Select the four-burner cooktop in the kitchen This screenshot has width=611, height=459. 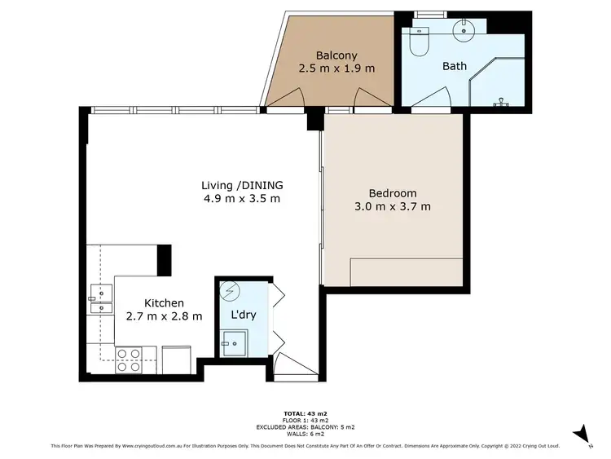click(x=128, y=360)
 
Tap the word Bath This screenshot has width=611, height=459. click(x=455, y=66)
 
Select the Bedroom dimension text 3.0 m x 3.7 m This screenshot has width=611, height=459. click(x=392, y=207)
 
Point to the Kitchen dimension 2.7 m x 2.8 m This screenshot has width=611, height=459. click(x=164, y=316)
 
